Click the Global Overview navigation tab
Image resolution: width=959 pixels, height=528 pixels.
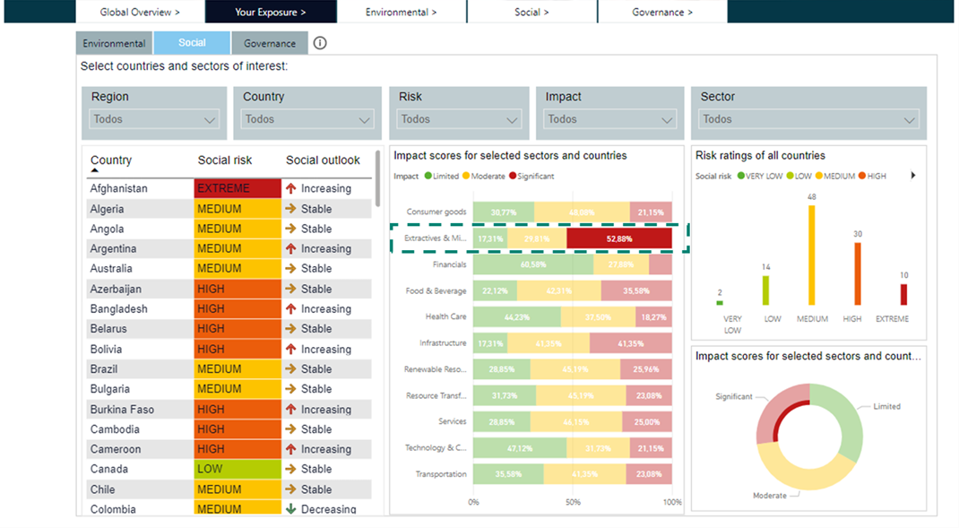pos(140,12)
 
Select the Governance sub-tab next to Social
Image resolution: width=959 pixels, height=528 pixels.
pos(270,43)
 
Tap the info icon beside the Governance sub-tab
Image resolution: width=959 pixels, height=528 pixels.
pos(320,43)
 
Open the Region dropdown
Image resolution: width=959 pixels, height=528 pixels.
pos(155,119)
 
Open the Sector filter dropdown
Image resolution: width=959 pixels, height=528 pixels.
pos(808,119)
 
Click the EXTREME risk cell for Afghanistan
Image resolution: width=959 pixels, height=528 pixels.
pos(238,189)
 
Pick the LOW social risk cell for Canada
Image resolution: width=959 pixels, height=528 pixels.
pos(238,470)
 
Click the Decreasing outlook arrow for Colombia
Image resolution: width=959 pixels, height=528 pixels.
pos(290,509)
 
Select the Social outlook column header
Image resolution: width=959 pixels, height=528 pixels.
pos(323,160)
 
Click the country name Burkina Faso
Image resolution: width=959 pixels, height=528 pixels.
pos(122,410)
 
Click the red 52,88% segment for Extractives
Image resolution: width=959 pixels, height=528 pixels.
pos(618,238)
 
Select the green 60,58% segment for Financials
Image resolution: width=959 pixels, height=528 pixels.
pos(533,264)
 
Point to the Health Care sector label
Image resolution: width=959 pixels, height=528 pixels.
pos(445,316)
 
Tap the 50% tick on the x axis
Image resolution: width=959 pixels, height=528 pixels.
pos(573,503)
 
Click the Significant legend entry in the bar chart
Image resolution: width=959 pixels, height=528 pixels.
pos(533,177)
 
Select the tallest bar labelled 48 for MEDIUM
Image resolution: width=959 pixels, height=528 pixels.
pos(812,255)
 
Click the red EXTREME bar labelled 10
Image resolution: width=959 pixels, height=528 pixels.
pos(903,294)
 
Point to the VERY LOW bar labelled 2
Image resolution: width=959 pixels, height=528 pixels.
pos(720,303)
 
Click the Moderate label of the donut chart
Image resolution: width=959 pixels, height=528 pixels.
pos(770,496)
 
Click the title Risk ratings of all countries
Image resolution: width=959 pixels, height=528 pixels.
pos(760,156)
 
